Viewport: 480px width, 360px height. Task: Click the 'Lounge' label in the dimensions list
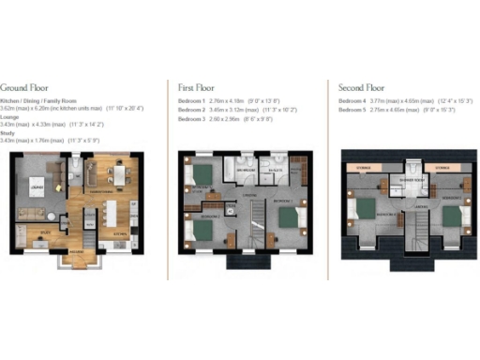[12, 116]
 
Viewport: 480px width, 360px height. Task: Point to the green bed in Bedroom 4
[364, 209]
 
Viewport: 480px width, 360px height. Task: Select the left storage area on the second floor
[363, 168]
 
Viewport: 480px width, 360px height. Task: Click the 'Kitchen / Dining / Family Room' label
[38, 100]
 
